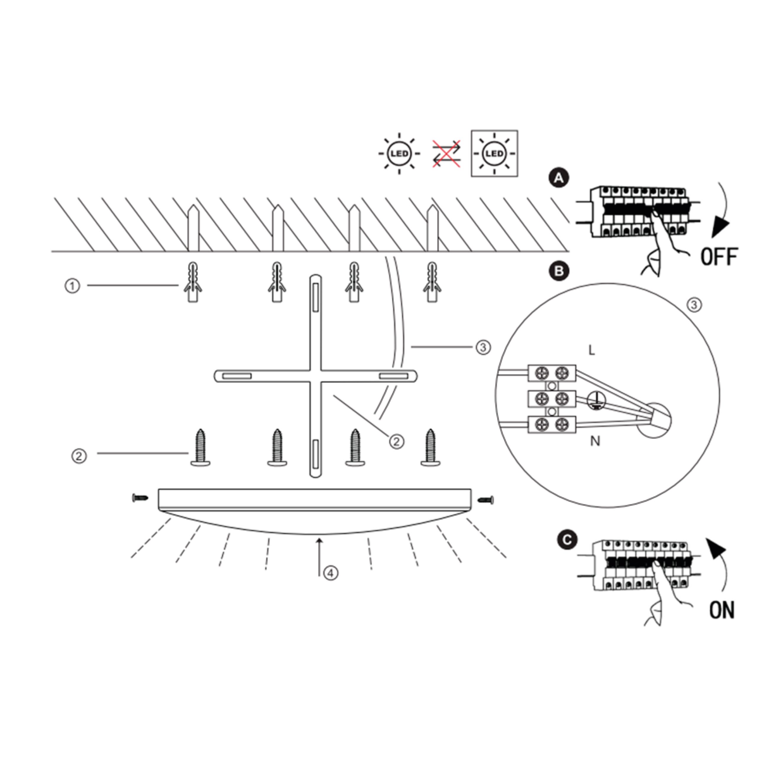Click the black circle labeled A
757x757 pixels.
tap(559, 178)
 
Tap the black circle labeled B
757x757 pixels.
tap(559, 271)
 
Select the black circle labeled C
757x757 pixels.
tap(567, 540)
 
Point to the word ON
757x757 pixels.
tap(722, 610)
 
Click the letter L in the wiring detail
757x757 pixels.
tap(592, 350)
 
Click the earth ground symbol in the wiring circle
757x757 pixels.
tap(596, 400)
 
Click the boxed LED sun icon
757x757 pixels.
tap(494, 153)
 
